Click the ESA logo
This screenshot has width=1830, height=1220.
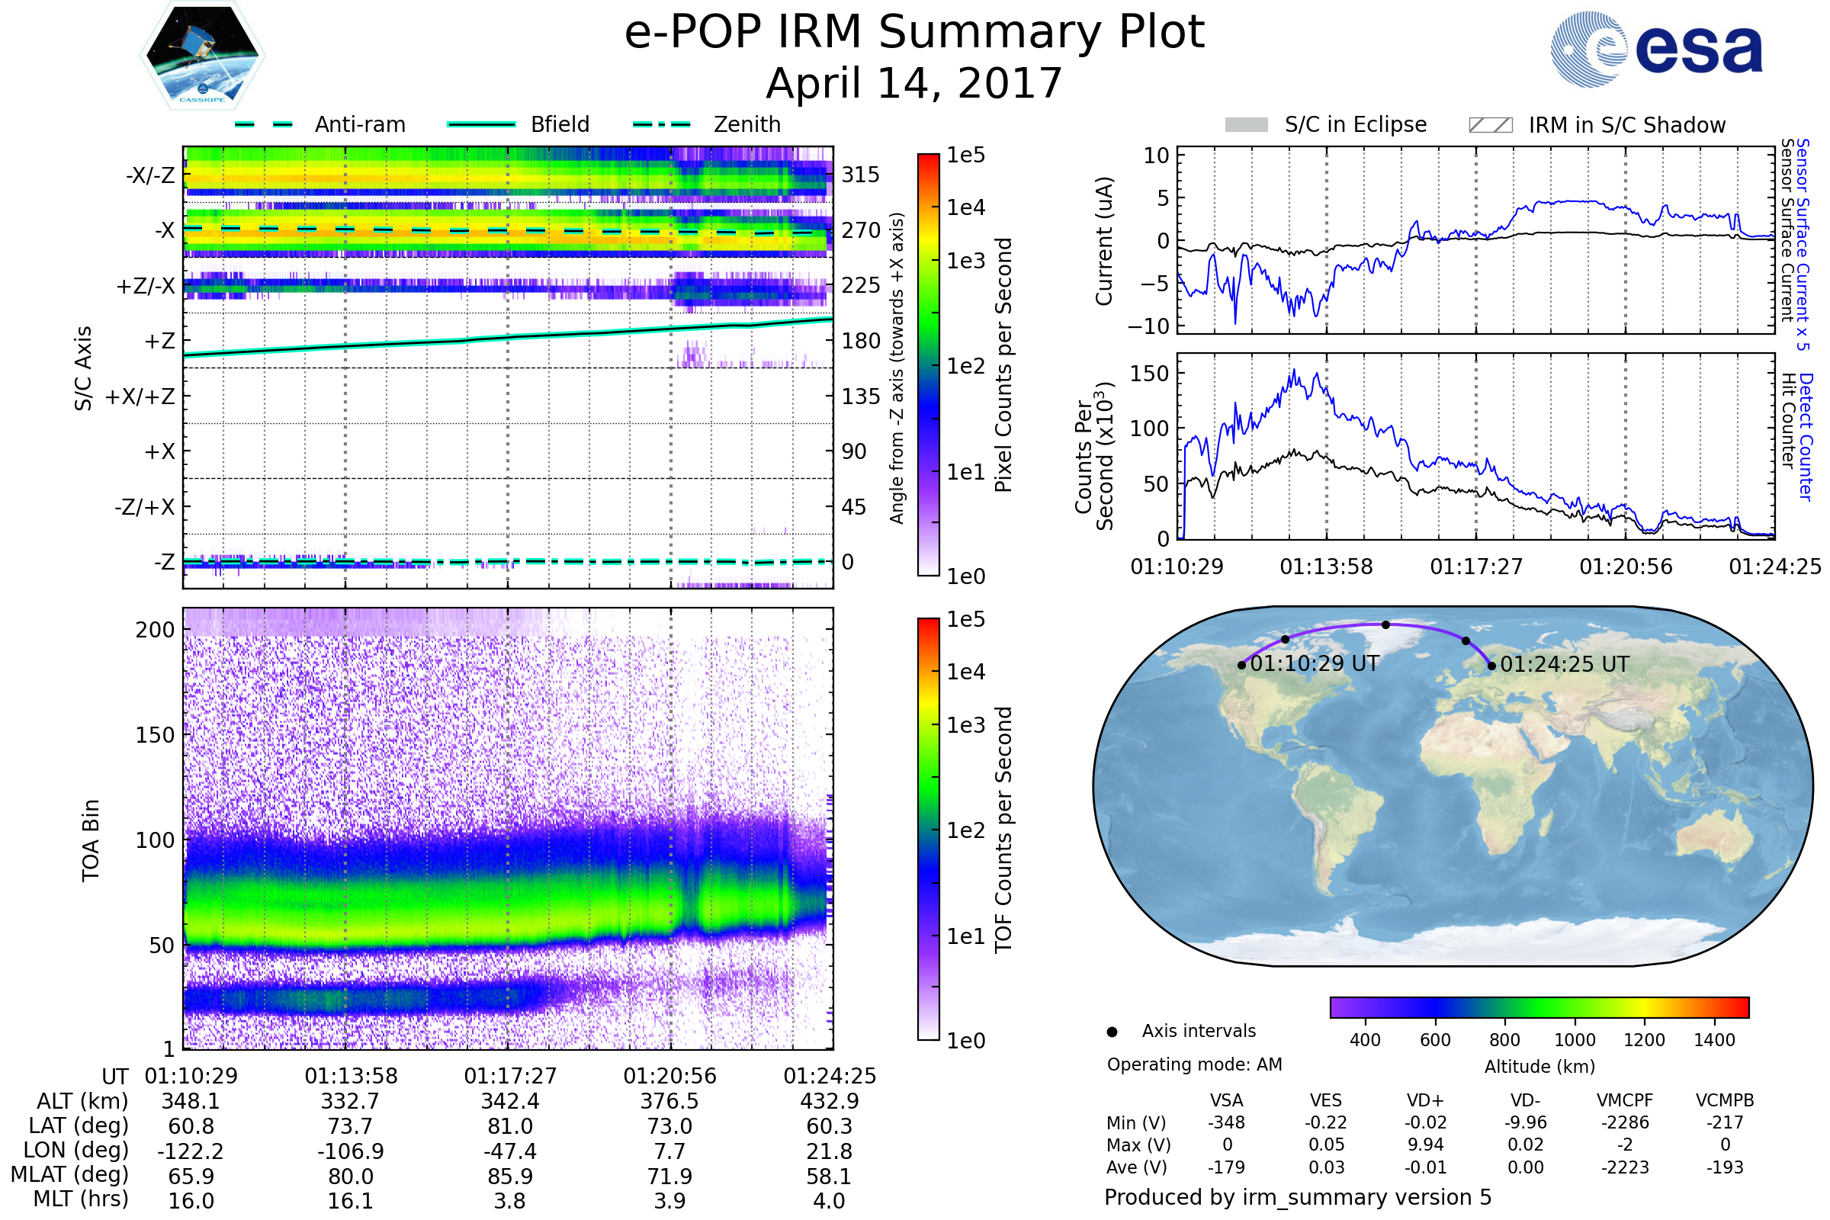1656,49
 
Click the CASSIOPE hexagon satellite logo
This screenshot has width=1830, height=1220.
202,55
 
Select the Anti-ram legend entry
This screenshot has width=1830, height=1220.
319,124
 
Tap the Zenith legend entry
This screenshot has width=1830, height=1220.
707,124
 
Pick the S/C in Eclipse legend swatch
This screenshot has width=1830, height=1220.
1247,124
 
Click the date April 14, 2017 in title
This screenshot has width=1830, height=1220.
914,83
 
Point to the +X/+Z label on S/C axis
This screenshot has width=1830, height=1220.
140,396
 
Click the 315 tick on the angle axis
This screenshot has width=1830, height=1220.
861,175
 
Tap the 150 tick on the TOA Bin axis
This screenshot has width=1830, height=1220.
155,735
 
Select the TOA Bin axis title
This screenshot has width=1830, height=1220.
90,840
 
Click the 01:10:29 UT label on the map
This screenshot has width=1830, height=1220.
1314,663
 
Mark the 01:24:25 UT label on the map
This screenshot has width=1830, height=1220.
1565,664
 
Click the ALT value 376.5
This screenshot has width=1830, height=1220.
670,1102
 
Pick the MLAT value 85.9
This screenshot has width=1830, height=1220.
509,1177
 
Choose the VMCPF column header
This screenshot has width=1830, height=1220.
1625,1100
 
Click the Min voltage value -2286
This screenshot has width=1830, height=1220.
1625,1122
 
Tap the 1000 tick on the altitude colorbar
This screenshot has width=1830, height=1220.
1575,1040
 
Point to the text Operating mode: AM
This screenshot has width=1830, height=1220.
1194,1064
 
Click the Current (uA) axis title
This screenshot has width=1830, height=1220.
1104,240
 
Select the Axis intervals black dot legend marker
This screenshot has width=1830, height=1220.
1112,1032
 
